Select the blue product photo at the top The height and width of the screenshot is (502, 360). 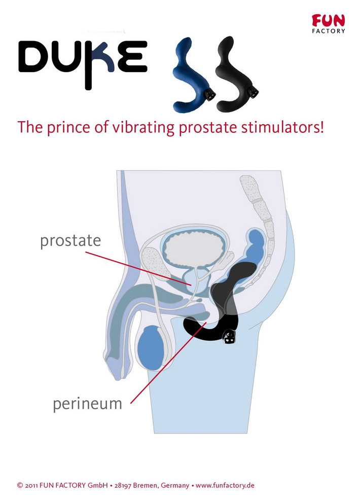193,75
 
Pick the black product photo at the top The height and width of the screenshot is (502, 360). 237,74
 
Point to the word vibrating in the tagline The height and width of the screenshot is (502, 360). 143,127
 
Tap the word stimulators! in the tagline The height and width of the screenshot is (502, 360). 282,127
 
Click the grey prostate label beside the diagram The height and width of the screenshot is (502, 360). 70,241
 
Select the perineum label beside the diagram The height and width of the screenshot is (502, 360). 87,404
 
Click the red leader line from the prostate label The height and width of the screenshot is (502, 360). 138,268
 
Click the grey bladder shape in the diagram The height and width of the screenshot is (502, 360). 193,248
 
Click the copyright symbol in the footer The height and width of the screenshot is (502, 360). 20,486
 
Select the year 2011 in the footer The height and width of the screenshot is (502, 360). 31,486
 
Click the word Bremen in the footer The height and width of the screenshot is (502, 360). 145,485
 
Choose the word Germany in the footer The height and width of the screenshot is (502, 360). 175,486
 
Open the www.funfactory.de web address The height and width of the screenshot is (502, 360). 225,485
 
